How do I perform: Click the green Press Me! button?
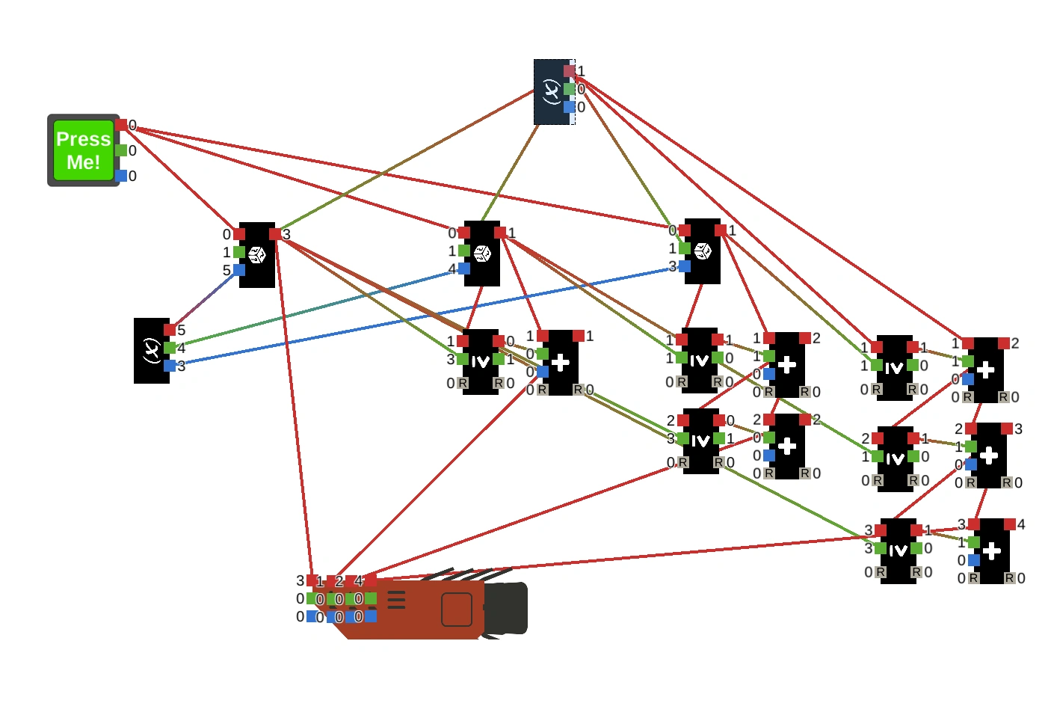(x=83, y=150)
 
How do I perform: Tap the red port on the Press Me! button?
(x=121, y=125)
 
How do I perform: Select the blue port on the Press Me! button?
(x=121, y=176)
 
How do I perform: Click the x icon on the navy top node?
(x=551, y=92)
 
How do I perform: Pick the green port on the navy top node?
(x=570, y=89)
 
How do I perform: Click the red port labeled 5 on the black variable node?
(x=170, y=330)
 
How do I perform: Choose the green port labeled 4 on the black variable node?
(x=170, y=348)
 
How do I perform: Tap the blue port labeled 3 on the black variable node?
(x=170, y=366)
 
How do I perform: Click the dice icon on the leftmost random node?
(x=257, y=255)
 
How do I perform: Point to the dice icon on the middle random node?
(x=482, y=254)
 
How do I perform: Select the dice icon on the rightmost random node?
(x=703, y=251)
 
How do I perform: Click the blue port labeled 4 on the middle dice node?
(x=464, y=269)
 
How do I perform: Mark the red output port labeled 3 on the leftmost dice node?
(x=275, y=234)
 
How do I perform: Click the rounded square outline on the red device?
(x=456, y=610)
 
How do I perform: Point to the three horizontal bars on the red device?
(x=396, y=600)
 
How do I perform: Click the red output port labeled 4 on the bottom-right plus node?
(x=1010, y=524)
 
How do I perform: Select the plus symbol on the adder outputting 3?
(x=989, y=455)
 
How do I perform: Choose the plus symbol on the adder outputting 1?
(x=561, y=363)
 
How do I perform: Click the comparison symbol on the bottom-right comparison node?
(x=898, y=551)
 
